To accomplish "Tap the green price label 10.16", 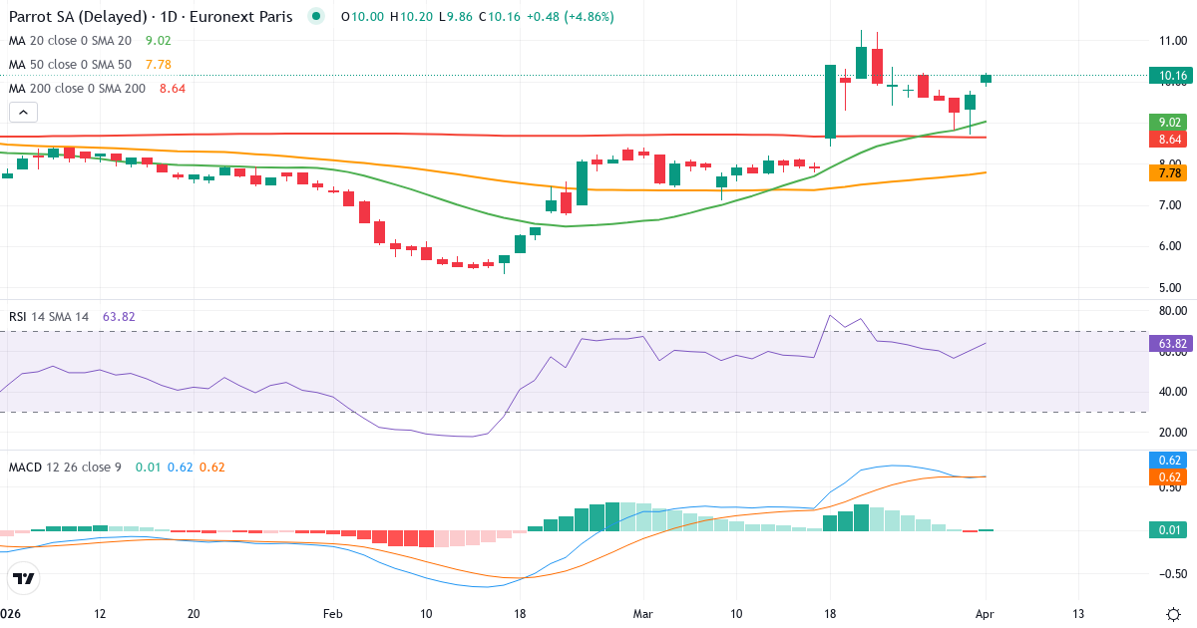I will point(1167,75).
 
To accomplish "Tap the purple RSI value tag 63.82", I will point(1170,344).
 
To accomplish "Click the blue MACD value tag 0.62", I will point(1170,461).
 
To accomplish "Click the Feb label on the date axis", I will point(333,614).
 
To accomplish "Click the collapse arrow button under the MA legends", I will point(23,113).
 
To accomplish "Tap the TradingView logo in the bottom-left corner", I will point(24,578).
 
